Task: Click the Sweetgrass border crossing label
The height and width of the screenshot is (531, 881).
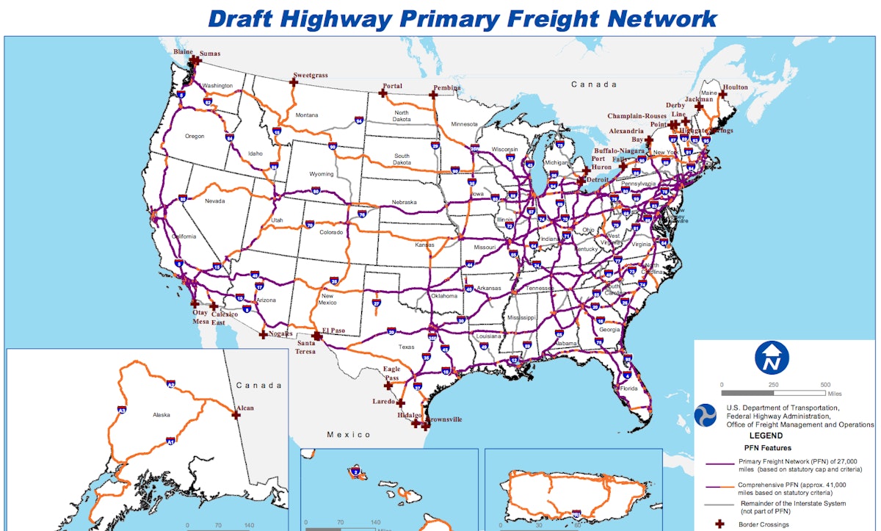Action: click(309, 75)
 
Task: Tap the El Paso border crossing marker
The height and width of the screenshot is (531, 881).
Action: click(316, 334)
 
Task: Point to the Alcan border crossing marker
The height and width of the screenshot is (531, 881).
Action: click(236, 414)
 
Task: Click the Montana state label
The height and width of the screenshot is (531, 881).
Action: click(307, 115)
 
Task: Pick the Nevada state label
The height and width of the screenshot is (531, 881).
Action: click(214, 201)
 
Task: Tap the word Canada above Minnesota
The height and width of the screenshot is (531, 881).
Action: click(594, 84)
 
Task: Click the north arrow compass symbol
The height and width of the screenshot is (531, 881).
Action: click(772, 358)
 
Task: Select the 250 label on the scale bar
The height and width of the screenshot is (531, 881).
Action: click(773, 385)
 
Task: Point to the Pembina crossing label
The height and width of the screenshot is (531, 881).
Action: click(447, 87)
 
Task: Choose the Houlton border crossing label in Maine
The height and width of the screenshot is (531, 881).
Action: click(735, 87)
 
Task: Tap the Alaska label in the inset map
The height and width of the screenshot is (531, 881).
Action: click(161, 415)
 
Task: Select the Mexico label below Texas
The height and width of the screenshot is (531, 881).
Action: click(349, 435)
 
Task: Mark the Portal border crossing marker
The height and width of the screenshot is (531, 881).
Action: click(383, 93)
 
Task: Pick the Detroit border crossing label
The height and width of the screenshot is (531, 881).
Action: click(598, 179)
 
